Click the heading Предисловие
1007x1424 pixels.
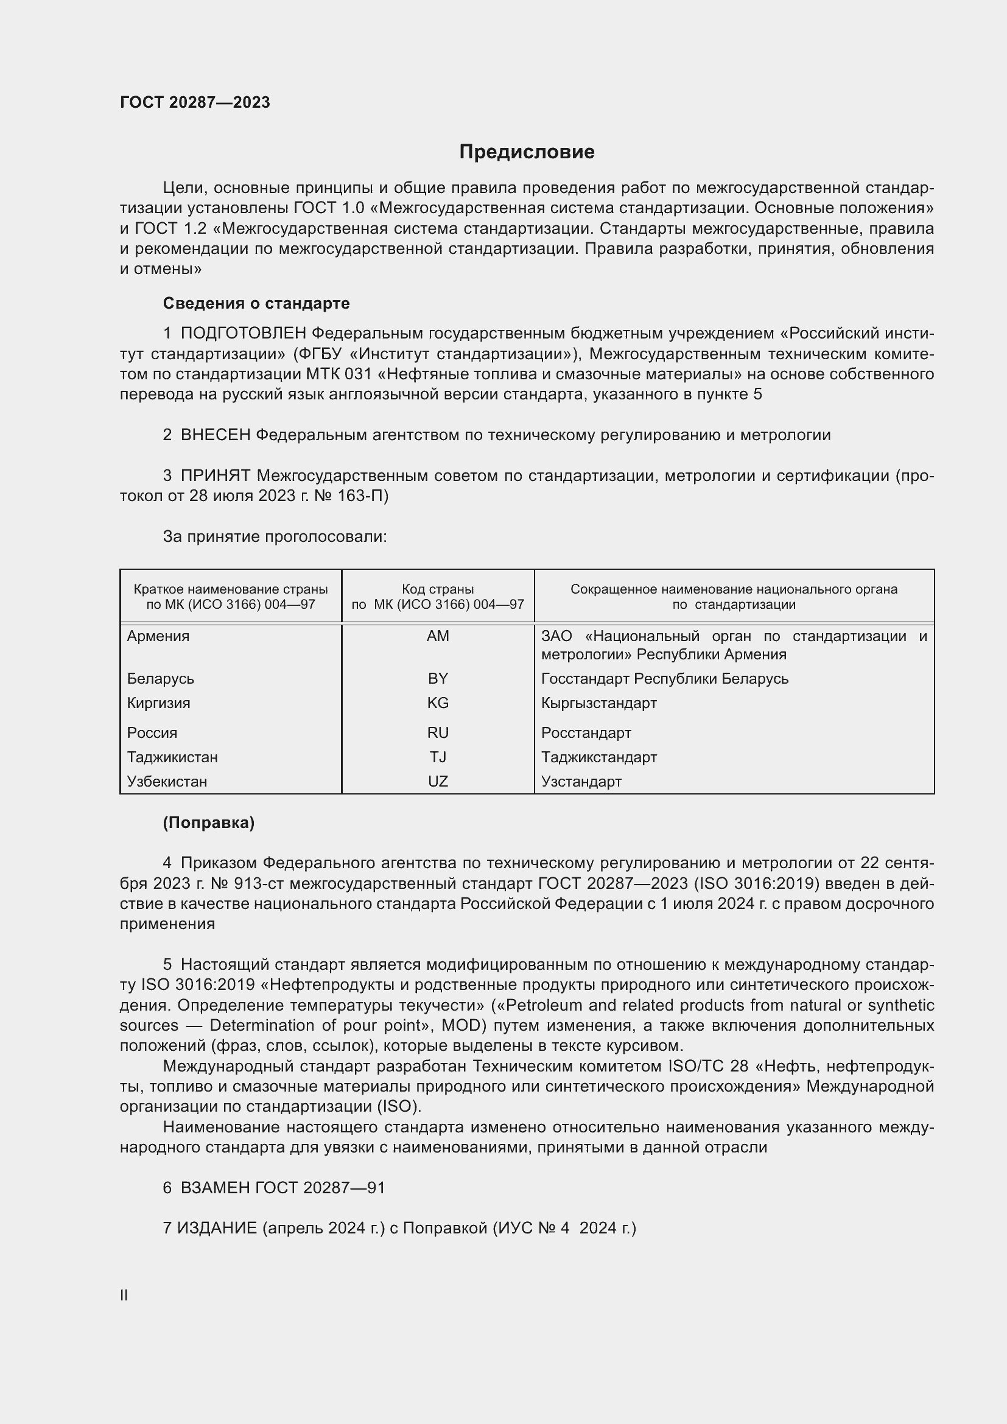pos(527,152)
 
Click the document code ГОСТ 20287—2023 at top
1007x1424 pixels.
pos(195,102)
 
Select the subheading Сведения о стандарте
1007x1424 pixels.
pos(256,303)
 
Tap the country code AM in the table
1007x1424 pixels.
pos(438,636)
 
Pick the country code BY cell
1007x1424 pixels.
pos(438,678)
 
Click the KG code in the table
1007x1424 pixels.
pos(438,703)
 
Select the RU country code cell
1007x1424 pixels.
pos(438,732)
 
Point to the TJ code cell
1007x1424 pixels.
pos(438,757)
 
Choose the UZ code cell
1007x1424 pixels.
pos(438,782)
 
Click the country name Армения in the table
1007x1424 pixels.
pos(158,636)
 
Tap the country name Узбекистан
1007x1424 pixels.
pos(167,782)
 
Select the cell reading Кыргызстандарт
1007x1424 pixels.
pos(598,703)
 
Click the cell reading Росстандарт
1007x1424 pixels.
pos(586,732)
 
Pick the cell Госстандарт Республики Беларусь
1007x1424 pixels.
pos(664,678)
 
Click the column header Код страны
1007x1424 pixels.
pos(438,589)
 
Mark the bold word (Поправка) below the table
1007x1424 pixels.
pos(208,822)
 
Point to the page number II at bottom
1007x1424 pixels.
pos(124,1295)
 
